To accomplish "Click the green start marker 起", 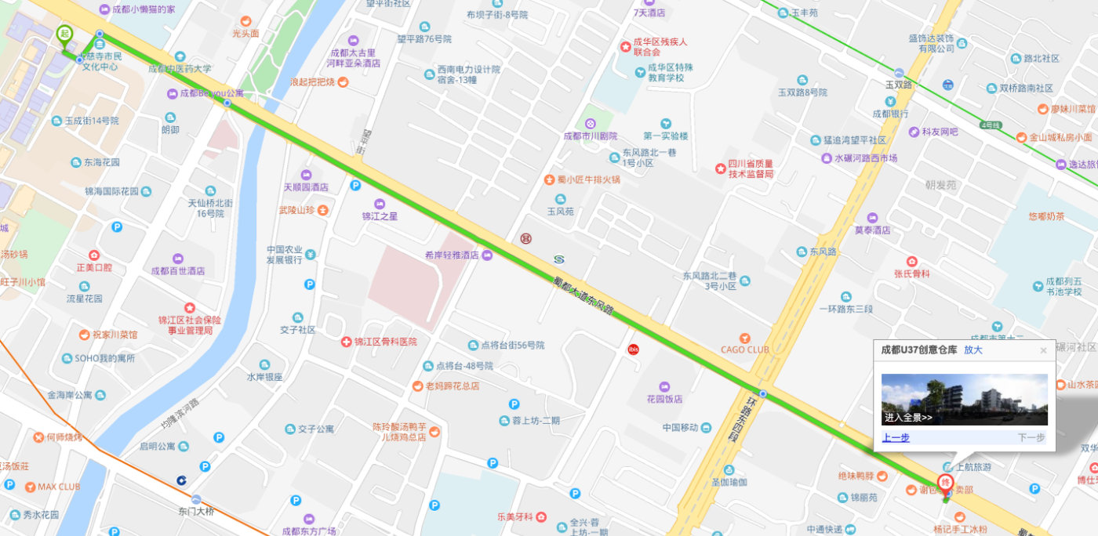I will click(x=65, y=34).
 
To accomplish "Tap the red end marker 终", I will click(x=946, y=483).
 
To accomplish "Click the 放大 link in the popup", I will click(x=973, y=350).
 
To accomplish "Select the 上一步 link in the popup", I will click(x=895, y=438).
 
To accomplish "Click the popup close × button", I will click(x=1043, y=351).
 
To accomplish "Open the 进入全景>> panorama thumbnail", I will click(x=964, y=400).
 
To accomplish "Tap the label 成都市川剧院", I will click(x=591, y=136).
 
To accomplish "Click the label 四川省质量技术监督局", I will click(x=750, y=168).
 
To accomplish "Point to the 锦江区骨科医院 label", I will click(x=384, y=342).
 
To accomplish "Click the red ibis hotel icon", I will click(x=634, y=349).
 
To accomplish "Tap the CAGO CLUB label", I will click(x=745, y=349).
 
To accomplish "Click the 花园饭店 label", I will click(x=664, y=399).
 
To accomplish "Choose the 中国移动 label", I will click(x=680, y=428).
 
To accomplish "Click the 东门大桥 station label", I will click(x=196, y=512).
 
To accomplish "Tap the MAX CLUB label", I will click(x=59, y=487).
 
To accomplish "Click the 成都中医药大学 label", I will click(x=180, y=68).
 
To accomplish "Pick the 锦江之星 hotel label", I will click(x=380, y=215).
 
